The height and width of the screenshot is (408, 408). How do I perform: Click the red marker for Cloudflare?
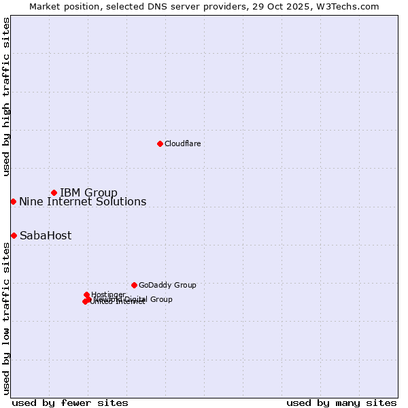[160, 143]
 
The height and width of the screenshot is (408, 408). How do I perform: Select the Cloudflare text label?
[182, 143]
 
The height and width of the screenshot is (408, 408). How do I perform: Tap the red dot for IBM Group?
[54, 192]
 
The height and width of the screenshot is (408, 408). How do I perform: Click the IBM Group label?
[88, 192]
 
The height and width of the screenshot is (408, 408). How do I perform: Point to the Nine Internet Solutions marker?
[13, 201]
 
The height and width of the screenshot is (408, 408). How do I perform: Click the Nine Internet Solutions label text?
[82, 201]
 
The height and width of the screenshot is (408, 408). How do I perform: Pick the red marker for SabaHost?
[14, 235]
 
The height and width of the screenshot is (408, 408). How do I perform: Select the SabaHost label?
[46, 236]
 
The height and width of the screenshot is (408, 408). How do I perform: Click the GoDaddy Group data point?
[134, 285]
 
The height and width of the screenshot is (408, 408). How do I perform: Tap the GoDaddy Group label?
[167, 285]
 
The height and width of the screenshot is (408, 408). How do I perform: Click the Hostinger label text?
[108, 294]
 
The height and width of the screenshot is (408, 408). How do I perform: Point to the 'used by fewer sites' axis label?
[70, 403]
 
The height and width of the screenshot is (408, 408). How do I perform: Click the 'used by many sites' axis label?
[341, 403]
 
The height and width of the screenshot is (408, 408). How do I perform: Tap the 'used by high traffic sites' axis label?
[6, 97]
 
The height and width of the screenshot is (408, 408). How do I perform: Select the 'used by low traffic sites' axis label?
[6, 318]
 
